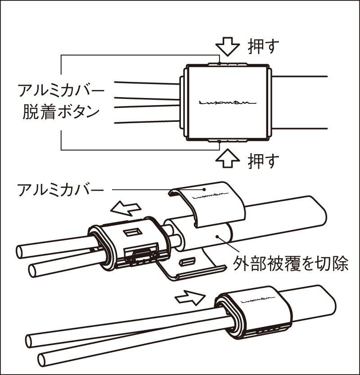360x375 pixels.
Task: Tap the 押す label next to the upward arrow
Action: click(263, 160)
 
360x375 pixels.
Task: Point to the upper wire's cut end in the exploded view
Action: click(22, 250)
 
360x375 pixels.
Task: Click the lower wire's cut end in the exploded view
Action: click(34, 270)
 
